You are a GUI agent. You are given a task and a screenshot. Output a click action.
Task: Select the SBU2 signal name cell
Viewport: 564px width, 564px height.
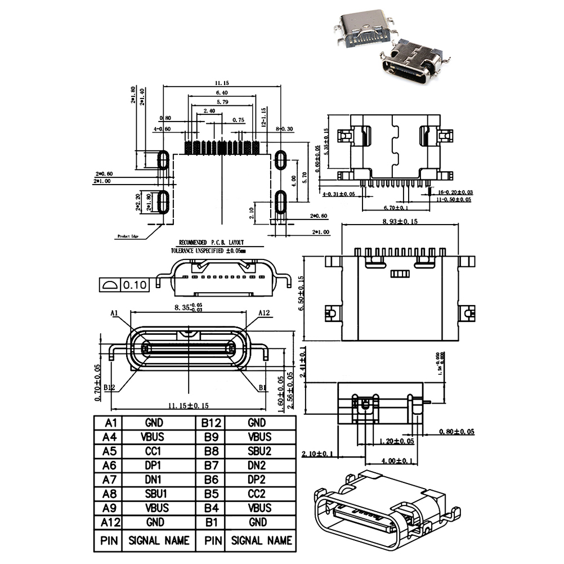tap(259, 451)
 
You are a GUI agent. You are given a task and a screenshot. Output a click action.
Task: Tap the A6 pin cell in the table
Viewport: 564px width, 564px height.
tap(108, 465)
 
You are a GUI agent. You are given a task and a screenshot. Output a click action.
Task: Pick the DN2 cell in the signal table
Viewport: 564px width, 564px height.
tap(259, 465)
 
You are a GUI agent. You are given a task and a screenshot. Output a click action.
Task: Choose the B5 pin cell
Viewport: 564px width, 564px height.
tap(212, 494)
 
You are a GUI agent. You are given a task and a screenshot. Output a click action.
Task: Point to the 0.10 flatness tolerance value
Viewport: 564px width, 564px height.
tap(135, 285)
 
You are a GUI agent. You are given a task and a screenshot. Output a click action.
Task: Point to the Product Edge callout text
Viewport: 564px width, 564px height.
tap(128, 236)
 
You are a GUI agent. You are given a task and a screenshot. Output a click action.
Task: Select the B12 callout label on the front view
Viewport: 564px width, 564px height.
tap(109, 388)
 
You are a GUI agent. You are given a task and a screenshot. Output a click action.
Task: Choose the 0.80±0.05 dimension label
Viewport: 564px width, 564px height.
tap(456, 432)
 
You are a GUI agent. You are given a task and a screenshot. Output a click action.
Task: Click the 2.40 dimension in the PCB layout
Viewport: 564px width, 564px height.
tap(209, 111)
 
